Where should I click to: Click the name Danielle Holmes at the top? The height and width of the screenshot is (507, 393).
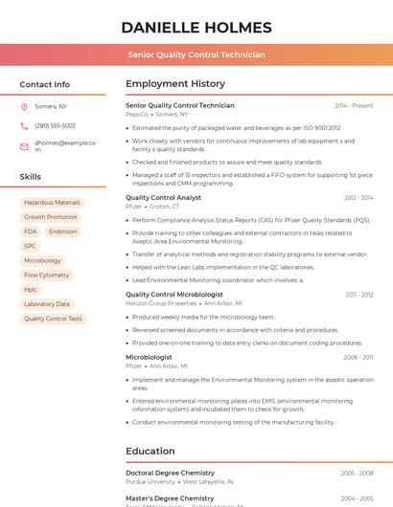(196, 27)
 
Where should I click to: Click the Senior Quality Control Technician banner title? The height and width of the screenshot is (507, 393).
(196, 55)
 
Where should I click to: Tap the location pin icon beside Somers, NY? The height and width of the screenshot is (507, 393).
(24, 106)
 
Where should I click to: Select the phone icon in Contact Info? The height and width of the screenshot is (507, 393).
(24, 125)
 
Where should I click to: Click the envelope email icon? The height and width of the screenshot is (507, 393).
(24, 146)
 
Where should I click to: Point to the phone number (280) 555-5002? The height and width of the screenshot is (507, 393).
(55, 125)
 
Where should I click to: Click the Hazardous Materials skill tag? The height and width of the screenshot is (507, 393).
(52, 203)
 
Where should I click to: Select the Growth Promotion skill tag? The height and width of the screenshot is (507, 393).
(51, 217)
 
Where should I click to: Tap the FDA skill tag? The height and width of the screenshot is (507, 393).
(31, 231)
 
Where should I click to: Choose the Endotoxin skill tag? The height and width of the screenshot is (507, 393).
(63, 231)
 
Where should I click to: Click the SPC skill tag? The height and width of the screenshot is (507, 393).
(31, 246)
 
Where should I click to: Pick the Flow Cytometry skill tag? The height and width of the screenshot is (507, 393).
(46, 275)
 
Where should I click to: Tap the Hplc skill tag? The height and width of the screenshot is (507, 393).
(32, 289)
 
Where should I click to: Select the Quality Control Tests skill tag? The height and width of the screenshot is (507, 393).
(53, 319)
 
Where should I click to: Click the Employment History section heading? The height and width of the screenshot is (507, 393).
(175, 84)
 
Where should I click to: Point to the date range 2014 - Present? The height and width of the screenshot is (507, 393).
(354, 105)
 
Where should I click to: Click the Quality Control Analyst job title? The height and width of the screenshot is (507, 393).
(163, 197)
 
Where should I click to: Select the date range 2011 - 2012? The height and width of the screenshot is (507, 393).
(359, 295)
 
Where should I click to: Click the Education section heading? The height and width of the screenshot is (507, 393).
(150, 451)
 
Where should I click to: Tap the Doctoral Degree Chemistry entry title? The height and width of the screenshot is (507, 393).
(170, 473)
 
